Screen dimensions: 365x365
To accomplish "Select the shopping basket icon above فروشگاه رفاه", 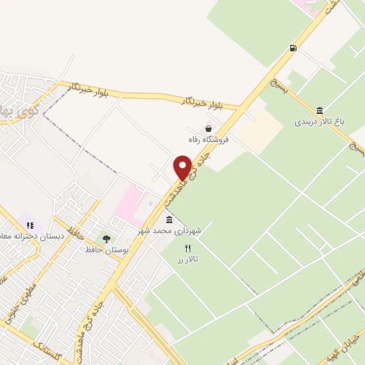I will coord(208,129).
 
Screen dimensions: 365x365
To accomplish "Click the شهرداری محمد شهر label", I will coord(171,231).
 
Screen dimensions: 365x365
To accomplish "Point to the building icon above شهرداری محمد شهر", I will coord(170,220).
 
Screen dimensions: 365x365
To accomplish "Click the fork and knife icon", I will coord(188,249).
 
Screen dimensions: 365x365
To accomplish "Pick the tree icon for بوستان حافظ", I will coord(107,239).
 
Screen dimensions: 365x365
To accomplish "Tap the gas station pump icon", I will coord(292,48).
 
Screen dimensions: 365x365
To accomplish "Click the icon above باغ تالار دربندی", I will coord(319,110).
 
